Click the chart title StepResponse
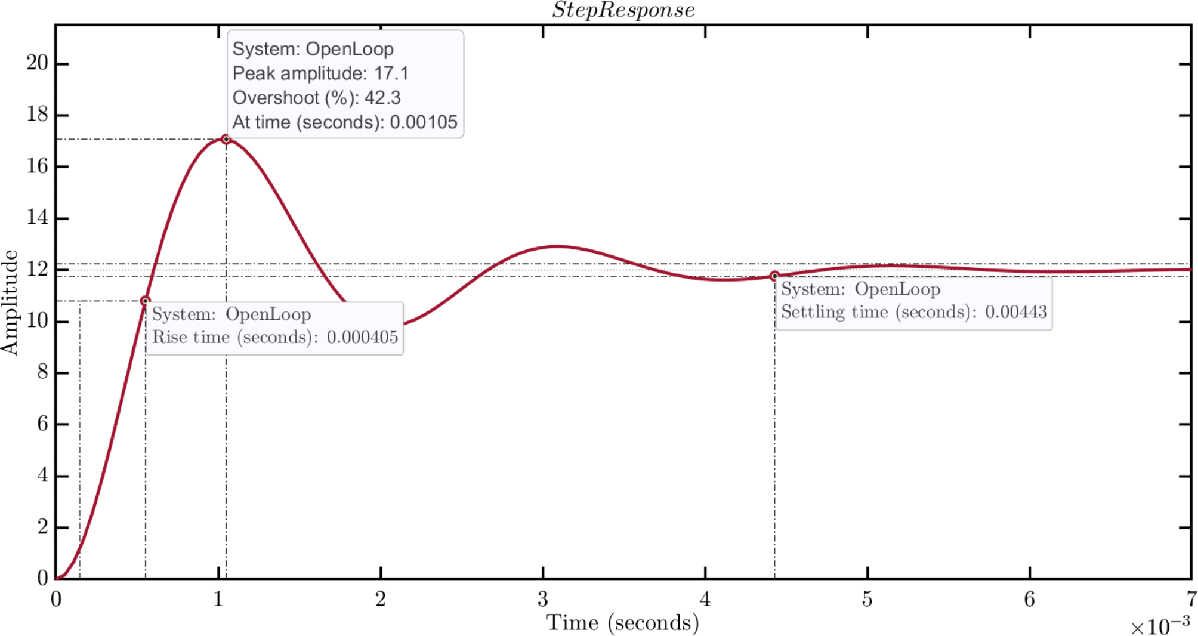tap(623, 10)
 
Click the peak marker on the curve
tap(226, 139)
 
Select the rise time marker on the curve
tap(145, 301)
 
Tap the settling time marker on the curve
tap(774, 276)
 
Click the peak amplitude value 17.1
tap(391, 73)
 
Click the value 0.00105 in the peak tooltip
tap(424, 122)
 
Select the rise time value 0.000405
tap(362, 337)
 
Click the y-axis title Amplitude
tap(10, 302)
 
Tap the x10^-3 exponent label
tap(1160, 626)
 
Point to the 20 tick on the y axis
tap(37, 63)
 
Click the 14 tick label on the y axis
tap(37, 217)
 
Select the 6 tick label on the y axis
tap(42, 424)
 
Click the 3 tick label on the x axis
tap(542, 599)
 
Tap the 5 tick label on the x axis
tap(867, 599)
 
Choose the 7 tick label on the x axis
tap(1191, 599)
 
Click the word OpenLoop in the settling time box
tap(897, 289)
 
